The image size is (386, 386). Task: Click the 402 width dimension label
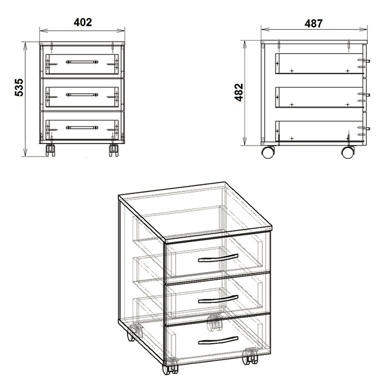pos(83,22)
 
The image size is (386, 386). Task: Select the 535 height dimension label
pos(19,87)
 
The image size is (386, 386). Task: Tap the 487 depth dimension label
pos(313,24)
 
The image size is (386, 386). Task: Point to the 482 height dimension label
pos(239,93)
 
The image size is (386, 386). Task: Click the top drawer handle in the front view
pos(82,62)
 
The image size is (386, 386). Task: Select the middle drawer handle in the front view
pos(82,95)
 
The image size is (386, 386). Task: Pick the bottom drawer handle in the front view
pos(82,127)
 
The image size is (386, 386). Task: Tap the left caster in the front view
pos(50,150)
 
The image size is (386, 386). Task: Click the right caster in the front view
pos(113,150)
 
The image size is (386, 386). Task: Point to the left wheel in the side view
pos(268,152)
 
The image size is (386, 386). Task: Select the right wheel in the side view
pos(348,152)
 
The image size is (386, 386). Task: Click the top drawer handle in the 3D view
pos(218,258)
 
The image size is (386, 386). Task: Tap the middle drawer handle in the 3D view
pos(218,299)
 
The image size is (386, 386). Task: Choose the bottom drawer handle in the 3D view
pos(218,340)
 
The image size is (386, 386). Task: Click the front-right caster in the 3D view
pos(250,356)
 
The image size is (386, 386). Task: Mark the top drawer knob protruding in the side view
pos(368,61)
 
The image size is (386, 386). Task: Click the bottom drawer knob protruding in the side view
pos(368,128)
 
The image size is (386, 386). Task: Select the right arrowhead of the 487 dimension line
pos(363,29)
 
